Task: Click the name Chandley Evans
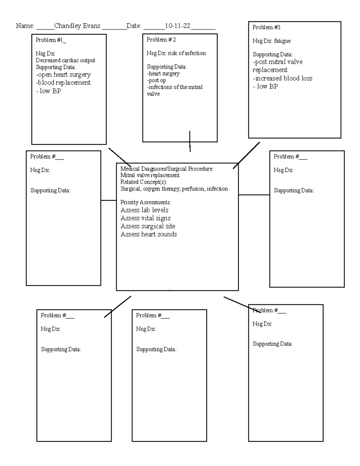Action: (77, 26)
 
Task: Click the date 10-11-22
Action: (178, 26)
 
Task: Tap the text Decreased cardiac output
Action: (65, 60)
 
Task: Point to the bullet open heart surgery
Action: (63, 74)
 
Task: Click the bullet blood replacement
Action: (63, 83)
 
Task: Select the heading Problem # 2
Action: (161, 40)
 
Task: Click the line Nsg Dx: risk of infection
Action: (176, 53)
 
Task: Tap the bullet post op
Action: (156, 80)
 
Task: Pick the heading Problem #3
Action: (266, 27)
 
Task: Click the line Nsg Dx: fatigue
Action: (271, 41)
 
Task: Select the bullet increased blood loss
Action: (283, 78)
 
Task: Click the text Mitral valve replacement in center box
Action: (150, 175)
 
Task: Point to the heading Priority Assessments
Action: (145, 202)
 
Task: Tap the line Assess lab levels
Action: (144, 210)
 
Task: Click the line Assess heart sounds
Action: (148, 234)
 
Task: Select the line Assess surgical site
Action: (148, 226)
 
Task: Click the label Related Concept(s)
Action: (143, 182)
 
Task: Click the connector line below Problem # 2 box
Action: (190, 141)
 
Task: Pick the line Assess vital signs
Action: (145, 218)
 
